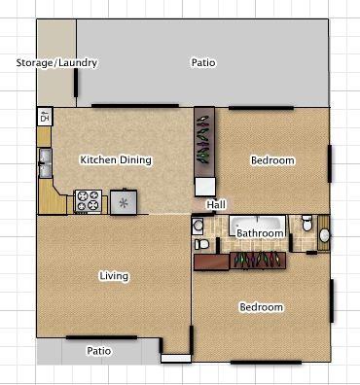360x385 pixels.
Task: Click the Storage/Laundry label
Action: coord(56,62)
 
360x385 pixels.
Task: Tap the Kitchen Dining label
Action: coord(116,159)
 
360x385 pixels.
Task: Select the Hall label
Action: coord(216,205)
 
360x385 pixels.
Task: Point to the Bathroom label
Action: coord(260,233)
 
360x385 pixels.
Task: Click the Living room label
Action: coord(114,276)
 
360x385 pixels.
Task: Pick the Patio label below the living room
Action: coord(99,351)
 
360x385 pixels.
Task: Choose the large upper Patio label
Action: coord(203,62)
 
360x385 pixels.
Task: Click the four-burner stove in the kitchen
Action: coord(88,201)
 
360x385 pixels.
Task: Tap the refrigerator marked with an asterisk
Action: coord(124,202)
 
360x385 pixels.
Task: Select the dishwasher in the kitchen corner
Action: coord(45,117)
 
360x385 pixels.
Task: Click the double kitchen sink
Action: coord(45,162)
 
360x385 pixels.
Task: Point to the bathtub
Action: coord(258,226)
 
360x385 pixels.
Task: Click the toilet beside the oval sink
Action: coord(306,223)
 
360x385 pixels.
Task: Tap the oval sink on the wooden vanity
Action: coord(324,235)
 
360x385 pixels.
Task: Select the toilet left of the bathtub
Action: coord(201,244)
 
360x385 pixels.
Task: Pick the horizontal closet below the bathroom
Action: coord(258,261)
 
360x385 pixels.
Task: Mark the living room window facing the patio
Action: coord(101,337)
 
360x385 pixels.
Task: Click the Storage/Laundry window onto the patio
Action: coord(76,83)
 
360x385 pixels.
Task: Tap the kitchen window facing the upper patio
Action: coord(135,106)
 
